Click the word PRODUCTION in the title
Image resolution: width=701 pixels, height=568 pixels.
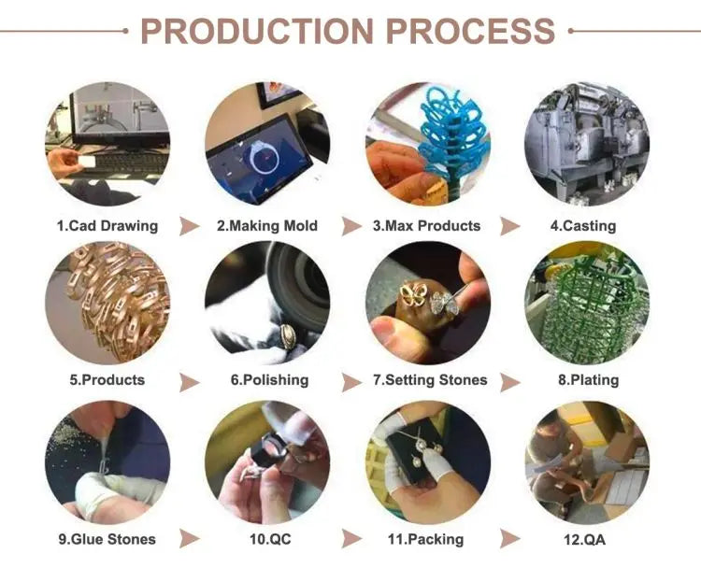[257, 31]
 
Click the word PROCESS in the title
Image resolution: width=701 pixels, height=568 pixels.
[470, 31]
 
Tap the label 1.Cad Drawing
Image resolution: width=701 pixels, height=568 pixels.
[107, 226]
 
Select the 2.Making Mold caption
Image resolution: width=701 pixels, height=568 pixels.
[267, 226]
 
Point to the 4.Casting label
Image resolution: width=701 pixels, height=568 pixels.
[583, 226]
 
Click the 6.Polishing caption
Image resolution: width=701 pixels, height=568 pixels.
[269, 380]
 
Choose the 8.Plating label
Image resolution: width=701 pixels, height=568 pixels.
[588, 380]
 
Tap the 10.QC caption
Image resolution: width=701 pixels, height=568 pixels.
[270, 539]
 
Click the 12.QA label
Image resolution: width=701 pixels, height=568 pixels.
[585, 539]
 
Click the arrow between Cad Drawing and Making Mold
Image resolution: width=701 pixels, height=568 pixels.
[189, 226]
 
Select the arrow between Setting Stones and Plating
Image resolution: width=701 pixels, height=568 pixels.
[509, 382]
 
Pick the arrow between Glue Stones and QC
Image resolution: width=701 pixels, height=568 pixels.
[189, 538]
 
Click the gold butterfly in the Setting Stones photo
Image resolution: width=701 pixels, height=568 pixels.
[413, 294]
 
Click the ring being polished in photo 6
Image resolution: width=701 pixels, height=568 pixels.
[288, 335]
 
